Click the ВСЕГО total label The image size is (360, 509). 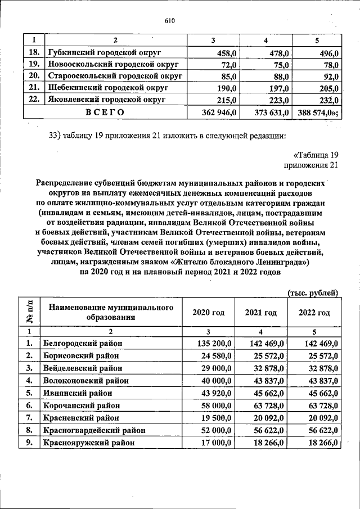pyautogui.click(x=105, y=112)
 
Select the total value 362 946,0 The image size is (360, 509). pyautogui.click(x=221, y=112)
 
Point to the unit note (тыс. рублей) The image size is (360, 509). pyautogui.click(x=312, y=292)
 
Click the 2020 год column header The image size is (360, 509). pyautogui.click(x=208, y=313)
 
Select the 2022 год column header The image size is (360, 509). pyautogui.click(x=314, y=313)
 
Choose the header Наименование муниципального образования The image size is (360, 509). pyautogui.click(x=110, y=313)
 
